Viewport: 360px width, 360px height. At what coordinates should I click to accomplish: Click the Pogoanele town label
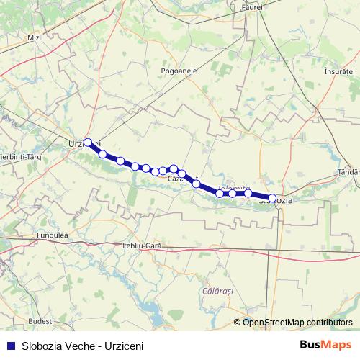point(181,72)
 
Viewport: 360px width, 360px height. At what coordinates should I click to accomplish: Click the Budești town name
point(40,319)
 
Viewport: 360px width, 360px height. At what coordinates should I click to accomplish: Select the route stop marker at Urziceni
point(88,143)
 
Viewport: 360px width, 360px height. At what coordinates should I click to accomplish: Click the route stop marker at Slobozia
point(272,197)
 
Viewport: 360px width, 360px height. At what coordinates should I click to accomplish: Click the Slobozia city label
point(276,200)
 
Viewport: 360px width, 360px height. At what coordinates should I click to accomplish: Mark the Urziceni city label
point(81,143)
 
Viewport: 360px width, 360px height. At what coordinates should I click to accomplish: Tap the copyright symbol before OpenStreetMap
point(238,322)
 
